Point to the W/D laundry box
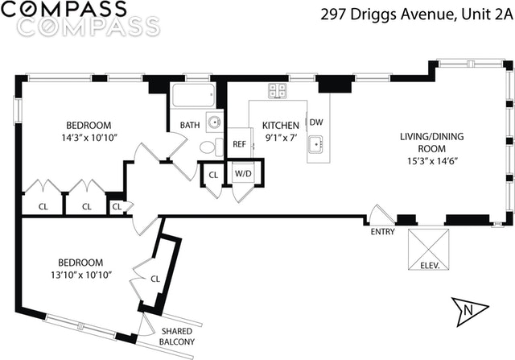(x=242, y=174)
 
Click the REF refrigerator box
(x=239, y=144)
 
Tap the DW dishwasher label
(x=316, y=122)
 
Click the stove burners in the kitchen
(x=278, y=90)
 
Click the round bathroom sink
(x=213, y=122)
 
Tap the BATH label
(x=190, y=125)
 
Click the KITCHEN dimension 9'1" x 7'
(x=281, y=137)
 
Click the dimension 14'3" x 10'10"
(x=89, y=137)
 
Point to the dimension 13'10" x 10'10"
(x=80, y=275)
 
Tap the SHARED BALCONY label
(x=178, y=337)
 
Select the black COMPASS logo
(x=71, y=10)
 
